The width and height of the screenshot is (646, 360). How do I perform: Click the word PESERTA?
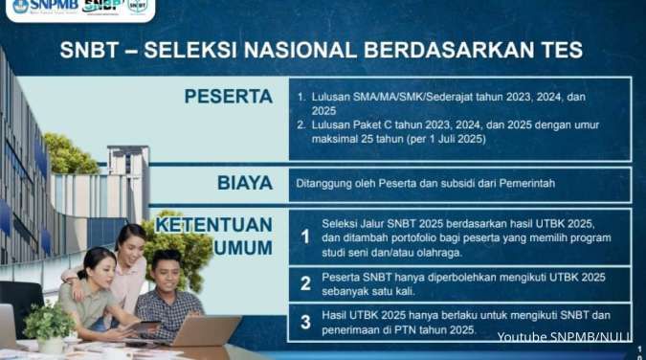[228, 97]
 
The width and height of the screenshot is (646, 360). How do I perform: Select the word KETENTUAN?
[214, 225]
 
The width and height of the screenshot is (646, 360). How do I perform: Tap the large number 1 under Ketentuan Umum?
[305, 235]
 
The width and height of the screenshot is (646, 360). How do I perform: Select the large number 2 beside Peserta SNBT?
[305, 283]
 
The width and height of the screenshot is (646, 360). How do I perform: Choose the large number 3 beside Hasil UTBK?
[305, 323]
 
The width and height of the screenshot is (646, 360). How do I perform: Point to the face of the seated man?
[167, 271]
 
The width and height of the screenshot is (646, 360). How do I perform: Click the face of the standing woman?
[131, 240]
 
